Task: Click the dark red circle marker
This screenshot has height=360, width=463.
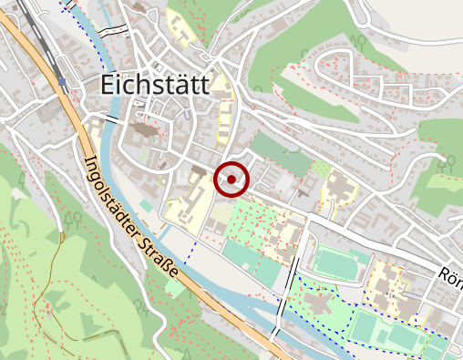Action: click(x=232, y=180)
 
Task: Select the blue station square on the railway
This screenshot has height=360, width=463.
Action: click(x=62, y=82)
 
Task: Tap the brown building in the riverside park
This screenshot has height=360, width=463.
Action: click(x=321, y=300)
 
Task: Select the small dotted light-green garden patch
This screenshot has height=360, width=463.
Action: click(x=320, y=168)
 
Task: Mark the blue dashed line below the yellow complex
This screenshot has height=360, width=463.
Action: click(x=192, y=246)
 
